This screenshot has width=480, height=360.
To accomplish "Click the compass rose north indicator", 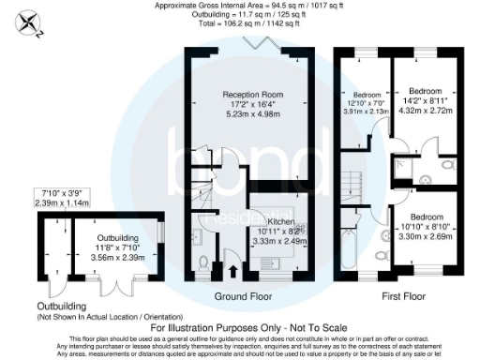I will [34, 22].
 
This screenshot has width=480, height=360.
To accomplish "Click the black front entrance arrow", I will [233, 273].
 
